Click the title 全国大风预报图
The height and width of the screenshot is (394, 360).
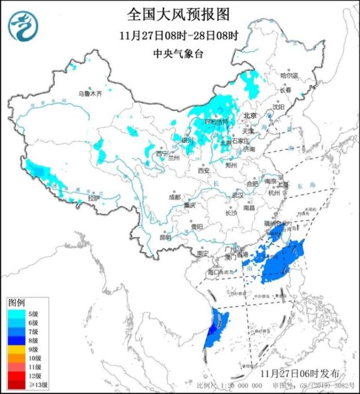(179, 13)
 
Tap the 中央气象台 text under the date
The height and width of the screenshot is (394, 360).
(179, 54)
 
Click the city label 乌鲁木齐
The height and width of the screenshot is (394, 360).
(90, 93)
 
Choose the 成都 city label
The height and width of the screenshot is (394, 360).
(174, 197)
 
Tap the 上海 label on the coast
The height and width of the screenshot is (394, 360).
(283, 184)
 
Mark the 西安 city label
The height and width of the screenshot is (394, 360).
(203, 171)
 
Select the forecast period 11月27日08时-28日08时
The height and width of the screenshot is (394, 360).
(179, 35)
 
